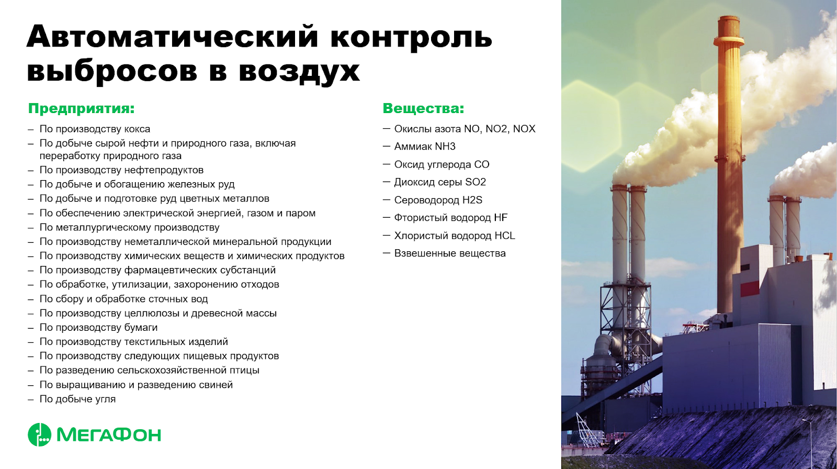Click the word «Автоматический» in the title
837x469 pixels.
(173, 36)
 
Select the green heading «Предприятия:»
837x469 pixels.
(82, 108)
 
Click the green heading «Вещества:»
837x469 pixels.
(423, 108)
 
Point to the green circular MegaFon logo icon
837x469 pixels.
(40, 434)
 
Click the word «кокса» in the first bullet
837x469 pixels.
(137, 129)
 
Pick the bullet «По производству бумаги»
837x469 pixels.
(99, 328)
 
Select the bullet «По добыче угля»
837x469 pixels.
(78, 399)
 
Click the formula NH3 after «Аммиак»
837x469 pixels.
(445, 147)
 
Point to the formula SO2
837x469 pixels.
(476, 182)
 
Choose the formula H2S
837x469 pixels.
(472, 200)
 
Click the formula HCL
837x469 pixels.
(505, 236)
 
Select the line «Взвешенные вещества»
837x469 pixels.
(450, 253)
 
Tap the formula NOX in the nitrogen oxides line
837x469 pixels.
(524, 129)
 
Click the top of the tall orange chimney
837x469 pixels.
(729, 17)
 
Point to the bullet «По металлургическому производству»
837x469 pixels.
(130, 227)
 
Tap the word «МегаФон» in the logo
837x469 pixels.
(109, 435)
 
